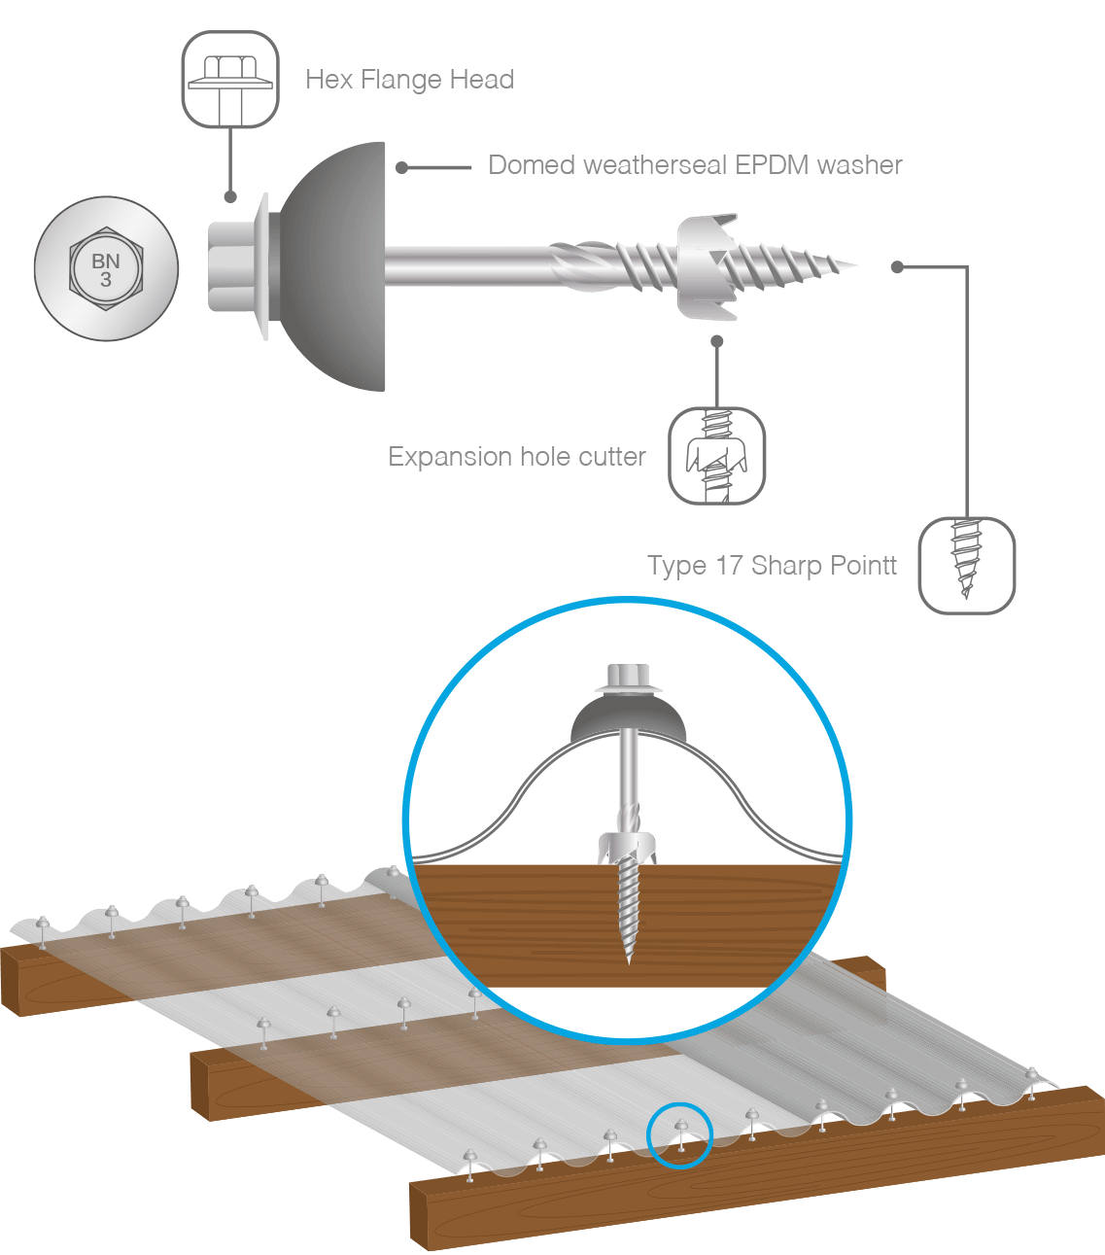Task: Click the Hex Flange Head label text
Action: coord(409,80)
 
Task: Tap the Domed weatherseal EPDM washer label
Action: coord(695,165)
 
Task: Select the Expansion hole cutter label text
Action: coord(516,457)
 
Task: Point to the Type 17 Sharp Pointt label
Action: coord(772,566)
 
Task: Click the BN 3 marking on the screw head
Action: coord(106,269)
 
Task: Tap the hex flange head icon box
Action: coord(230,80)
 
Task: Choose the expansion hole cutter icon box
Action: coord(717,456)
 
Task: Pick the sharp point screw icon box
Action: coord(966,566)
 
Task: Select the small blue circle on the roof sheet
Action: coord(680,1134)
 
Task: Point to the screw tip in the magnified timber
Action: coord(629,958)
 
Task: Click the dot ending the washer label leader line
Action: coord(401,168)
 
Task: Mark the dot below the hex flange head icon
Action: coord(230,196)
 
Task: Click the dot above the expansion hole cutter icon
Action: coord(717,341)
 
